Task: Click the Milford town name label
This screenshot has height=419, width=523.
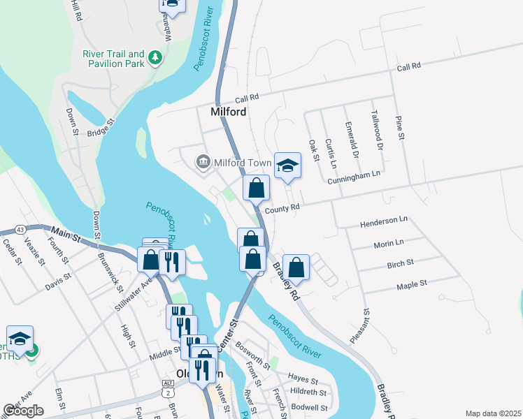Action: (230, 112)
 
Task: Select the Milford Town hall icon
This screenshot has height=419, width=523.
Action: (203, 163)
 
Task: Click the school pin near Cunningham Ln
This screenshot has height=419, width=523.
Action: (287, 166)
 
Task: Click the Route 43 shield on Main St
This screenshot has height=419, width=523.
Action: (20, 230)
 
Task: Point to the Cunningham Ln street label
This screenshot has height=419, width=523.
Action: (354, 177)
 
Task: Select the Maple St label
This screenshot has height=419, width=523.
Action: (412, 285)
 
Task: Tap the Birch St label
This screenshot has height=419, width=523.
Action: (400, 264)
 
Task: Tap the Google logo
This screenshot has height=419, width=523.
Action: (23, 411)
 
